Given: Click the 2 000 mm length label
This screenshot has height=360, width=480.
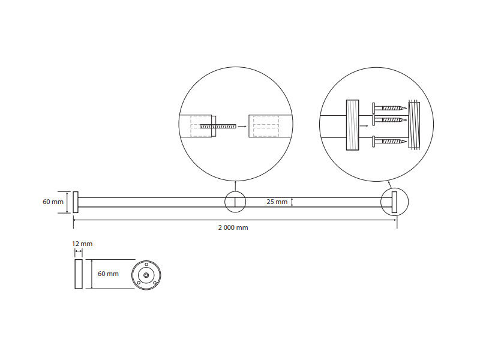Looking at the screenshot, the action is [x=233, y=227].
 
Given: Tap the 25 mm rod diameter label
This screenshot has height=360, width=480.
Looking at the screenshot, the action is [x=277, y=202].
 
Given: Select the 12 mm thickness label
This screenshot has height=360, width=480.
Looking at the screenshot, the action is [x=82, y=244].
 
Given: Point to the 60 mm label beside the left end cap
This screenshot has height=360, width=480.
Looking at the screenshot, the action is [x=53, y=202].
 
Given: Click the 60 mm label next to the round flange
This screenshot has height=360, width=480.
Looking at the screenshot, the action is [x=108, y=274].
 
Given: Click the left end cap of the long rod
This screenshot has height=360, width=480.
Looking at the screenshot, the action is [x=76, y=202].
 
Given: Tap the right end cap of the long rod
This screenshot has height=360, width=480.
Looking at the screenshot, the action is [x=394, y=202].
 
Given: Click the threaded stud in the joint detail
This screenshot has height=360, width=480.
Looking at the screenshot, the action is [x=218, y=126].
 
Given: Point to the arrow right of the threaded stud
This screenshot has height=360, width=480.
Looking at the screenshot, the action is [x=242, y=126].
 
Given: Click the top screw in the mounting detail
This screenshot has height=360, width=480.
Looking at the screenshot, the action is [x=389, y=108].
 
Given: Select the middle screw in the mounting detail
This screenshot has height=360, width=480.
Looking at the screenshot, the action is [x=389, y=119].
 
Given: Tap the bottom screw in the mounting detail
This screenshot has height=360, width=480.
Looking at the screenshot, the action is [x=389, y=141].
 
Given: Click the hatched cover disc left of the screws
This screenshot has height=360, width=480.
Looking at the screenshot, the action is [x=352, y=125].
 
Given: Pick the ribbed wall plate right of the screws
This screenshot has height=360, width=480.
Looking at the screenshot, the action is [x=414, y=125].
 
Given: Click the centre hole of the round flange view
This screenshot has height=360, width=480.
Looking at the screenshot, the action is [x=146, y=275].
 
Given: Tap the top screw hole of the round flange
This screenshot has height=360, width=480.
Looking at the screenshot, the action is [x=146, y=265].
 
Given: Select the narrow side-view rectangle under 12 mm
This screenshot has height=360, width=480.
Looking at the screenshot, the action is [x=79, y=274].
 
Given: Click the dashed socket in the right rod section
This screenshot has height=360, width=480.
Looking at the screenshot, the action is [x=266, y=126].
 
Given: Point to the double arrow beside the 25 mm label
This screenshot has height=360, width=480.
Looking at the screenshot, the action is [x=292, y=202].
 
